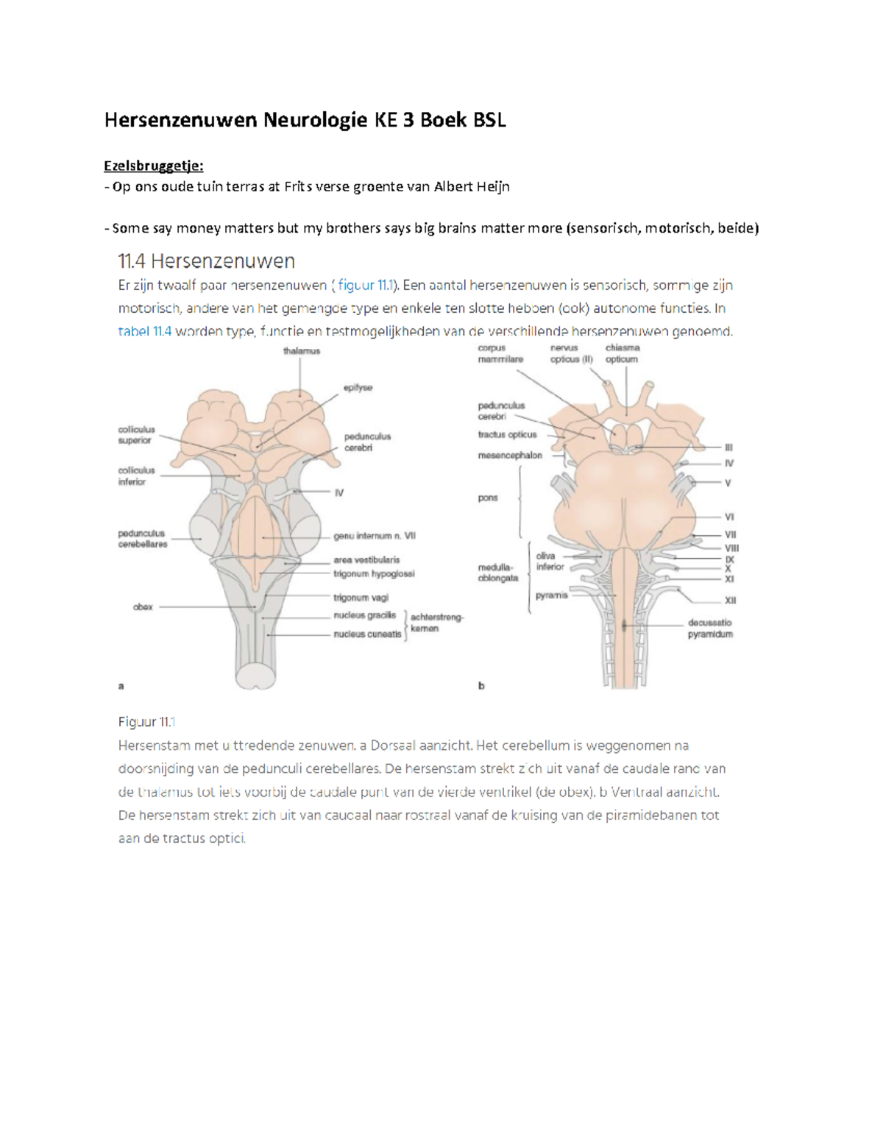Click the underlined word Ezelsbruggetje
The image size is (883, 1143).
pyautogui.click(x=153, y=166)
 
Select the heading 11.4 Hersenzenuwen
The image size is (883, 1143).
pyautogui.click(x=207, y=261)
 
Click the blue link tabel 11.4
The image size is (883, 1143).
pyautogui.click(x=144, y=331)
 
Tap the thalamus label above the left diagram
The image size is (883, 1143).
pyautogui.click(x=302, y=351)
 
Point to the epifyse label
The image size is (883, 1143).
pyautogui.click(x=358, y=387)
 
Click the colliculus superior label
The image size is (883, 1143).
pyautogui.click(x=136, y=435)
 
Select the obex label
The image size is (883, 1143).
pyautogui.click(x=143, y=607)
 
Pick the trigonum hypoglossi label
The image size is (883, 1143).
pyautogui.click(x=374, y=574)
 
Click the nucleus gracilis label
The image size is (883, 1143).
pyautogui.click(x=364, y=615)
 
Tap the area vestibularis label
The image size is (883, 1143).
pyautogui.click(x=366, y=560)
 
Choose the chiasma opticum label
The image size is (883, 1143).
pyautogui.click(x=622, y=354)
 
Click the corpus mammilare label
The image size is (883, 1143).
pyautogui.click(x=500, y=354)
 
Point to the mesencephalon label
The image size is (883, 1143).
pyautogui.click(x=510, y=456)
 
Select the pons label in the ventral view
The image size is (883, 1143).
pyautogui.click(x=488, y=498)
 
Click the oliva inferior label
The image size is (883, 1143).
pyautogui.click(x=550, y=562)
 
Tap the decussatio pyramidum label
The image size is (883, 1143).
pyautogui.click(x=710, y=629)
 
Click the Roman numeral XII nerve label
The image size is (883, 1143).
pyautogui.click(x=730, y=601)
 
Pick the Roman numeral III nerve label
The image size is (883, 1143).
pyautogui.click(x=728, y=447)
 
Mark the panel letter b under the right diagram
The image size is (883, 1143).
pyautogui.click(x=481, y=686)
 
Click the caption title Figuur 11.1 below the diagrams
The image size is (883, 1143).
pyautogui.click(x=146, y=722)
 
